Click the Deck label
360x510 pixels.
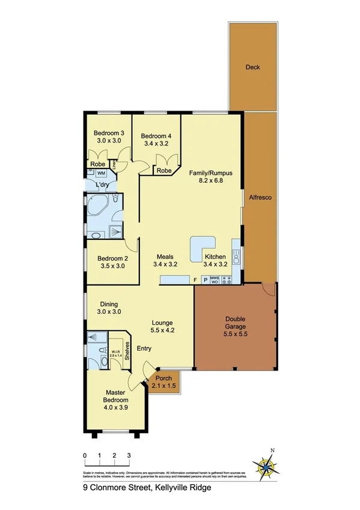252,67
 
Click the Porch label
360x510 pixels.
163,378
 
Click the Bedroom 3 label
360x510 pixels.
108,133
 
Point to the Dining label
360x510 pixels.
109,304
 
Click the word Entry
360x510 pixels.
144,348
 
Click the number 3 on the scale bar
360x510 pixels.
129,455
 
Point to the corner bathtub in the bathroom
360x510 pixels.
98,206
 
